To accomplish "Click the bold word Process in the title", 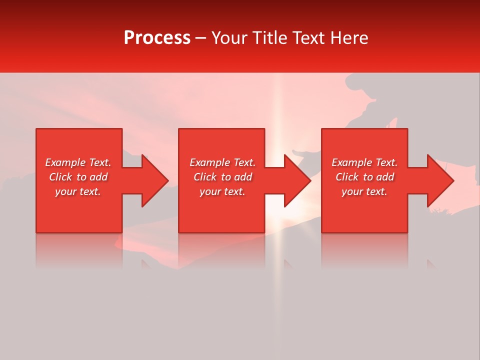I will [x=157, y=38].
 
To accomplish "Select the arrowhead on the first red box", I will [x=153, y=180].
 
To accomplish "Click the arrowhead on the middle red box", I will [x=295, y=180].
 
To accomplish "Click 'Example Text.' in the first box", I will [x=78, y=162].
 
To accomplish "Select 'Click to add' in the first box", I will [x=78, y=177].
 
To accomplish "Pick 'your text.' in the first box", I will [x=78, y=191].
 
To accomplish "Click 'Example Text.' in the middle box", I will [x=222, y=162].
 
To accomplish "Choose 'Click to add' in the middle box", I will [x=222, y=177].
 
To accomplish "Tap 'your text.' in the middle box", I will [x=222, y=191].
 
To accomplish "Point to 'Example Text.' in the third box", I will [x=364, y=162].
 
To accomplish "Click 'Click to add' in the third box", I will [x=364, y=177].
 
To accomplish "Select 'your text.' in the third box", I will [x=364, y=191].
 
